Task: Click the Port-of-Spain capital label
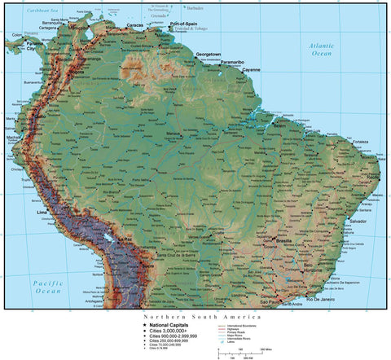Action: click(x=182, y=24)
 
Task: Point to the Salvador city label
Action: click(x=358, y=221)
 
